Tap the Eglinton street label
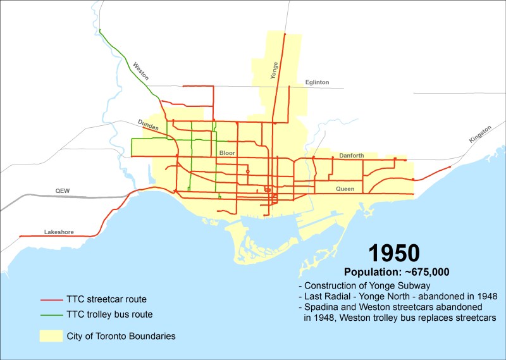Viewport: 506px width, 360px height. coord(317,82)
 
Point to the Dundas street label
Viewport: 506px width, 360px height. coord(147,124)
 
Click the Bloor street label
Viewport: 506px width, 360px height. coord(227,153)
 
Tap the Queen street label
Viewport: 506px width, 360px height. coord(345,189)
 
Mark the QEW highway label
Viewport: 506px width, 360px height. coord(62,189)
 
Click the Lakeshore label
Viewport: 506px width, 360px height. coord(59,232)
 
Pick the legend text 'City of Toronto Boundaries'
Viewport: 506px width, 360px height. coord(121,335)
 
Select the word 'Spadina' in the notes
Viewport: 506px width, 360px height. coord(321,307)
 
